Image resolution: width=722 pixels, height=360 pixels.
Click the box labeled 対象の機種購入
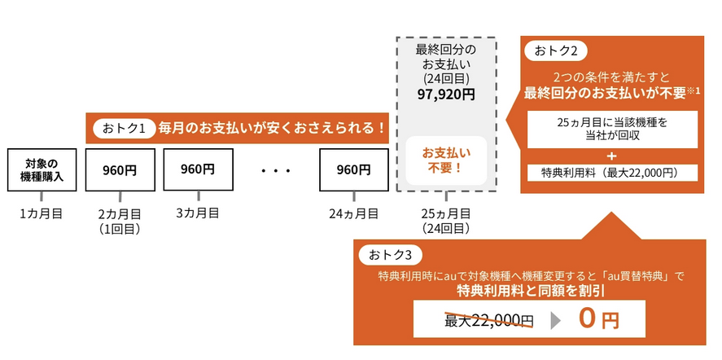point(41,169)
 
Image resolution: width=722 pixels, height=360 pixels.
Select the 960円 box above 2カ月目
point(120,170)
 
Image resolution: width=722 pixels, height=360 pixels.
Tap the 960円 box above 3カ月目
point(198,169)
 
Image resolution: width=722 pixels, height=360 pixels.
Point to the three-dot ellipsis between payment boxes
point(277,171)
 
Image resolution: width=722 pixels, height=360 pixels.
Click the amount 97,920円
point(445,94)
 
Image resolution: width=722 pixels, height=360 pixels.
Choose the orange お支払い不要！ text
point(445,160)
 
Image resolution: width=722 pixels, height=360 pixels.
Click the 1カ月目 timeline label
point(41,213)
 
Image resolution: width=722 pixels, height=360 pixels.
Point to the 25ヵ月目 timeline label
point(446,213)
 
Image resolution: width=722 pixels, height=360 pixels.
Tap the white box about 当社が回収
point(612,130)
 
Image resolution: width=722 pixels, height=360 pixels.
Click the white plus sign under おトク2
point(612,155)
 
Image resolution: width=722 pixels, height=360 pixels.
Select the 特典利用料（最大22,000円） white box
point(609,173)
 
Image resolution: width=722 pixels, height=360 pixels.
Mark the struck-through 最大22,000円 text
point(488,320)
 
